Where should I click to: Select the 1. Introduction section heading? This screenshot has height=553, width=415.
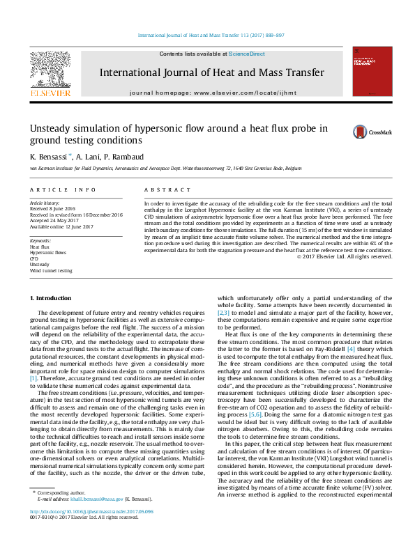coord(52,299)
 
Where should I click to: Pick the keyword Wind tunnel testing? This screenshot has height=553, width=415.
coord(50,270)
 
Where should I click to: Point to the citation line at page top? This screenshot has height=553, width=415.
coord(207,35)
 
